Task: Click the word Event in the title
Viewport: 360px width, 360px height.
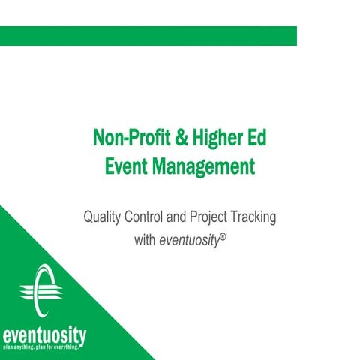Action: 130,165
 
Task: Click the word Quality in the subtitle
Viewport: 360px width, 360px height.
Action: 101,218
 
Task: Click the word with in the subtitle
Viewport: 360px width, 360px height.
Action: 145,241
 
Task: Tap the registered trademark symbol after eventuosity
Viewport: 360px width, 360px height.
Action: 223,237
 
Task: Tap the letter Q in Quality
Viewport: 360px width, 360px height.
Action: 88,218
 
